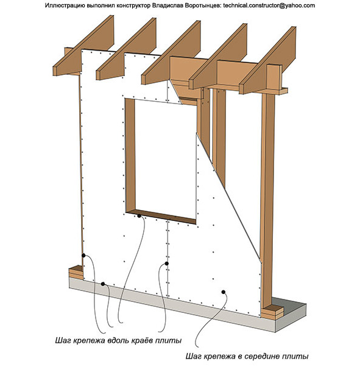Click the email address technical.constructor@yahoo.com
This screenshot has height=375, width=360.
(269, 5)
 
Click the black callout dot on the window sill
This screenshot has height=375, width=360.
(139, 216)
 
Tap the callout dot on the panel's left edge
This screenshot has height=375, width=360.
(83, 256)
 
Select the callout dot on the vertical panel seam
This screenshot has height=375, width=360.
(167, 264)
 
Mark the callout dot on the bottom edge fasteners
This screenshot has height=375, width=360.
(103, 284)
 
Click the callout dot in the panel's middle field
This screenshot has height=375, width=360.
(224, 292)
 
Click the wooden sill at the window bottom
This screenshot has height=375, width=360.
(161, 216)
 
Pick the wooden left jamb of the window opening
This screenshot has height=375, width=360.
(130, 155)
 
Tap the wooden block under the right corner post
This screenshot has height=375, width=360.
(272, 312)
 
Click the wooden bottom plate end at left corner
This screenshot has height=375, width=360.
(76, 272)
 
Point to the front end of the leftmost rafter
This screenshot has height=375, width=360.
(55, 71)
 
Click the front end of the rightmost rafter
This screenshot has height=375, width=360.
(242, 89)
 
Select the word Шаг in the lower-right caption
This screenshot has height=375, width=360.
(193, 356)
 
